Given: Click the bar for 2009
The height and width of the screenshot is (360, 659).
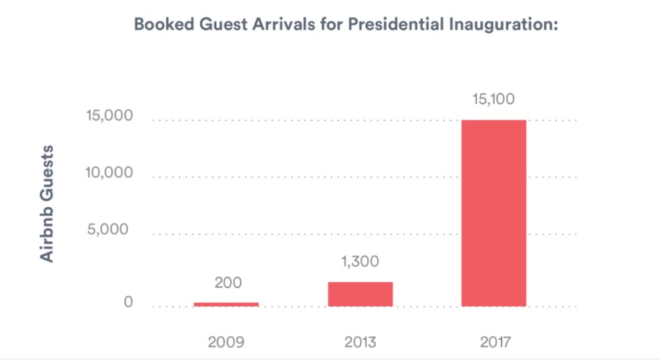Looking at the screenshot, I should click(x=226, y=304).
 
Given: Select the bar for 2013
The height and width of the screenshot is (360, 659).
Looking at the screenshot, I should click(x=360, y=294).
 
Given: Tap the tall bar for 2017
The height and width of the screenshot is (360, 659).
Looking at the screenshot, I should click(x=494, y=213).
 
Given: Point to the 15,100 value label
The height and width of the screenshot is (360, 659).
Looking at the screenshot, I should click(x=494, y=100).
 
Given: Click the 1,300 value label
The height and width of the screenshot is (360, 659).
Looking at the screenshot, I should click(x=360, y=262).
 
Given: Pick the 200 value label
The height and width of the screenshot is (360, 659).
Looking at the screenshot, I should click(x=226, y=283).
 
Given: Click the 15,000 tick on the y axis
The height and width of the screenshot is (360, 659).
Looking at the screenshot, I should click(x=109, y=117).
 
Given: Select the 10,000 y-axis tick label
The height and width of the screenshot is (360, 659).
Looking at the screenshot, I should click(x=109, y=173).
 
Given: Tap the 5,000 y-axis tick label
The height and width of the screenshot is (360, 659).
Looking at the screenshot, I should click(x=108, y=230).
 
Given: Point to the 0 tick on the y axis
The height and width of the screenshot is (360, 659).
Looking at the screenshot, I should click(x=128, y=302).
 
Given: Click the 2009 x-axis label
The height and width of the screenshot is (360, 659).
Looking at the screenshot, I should click(x=226, y=341).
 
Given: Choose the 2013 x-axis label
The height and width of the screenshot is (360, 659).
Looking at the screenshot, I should click(x=360, y=341).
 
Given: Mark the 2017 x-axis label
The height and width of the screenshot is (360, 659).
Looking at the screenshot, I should click(x=494, y=341).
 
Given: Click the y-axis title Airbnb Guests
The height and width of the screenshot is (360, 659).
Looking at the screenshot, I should click(x=47, y=203).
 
